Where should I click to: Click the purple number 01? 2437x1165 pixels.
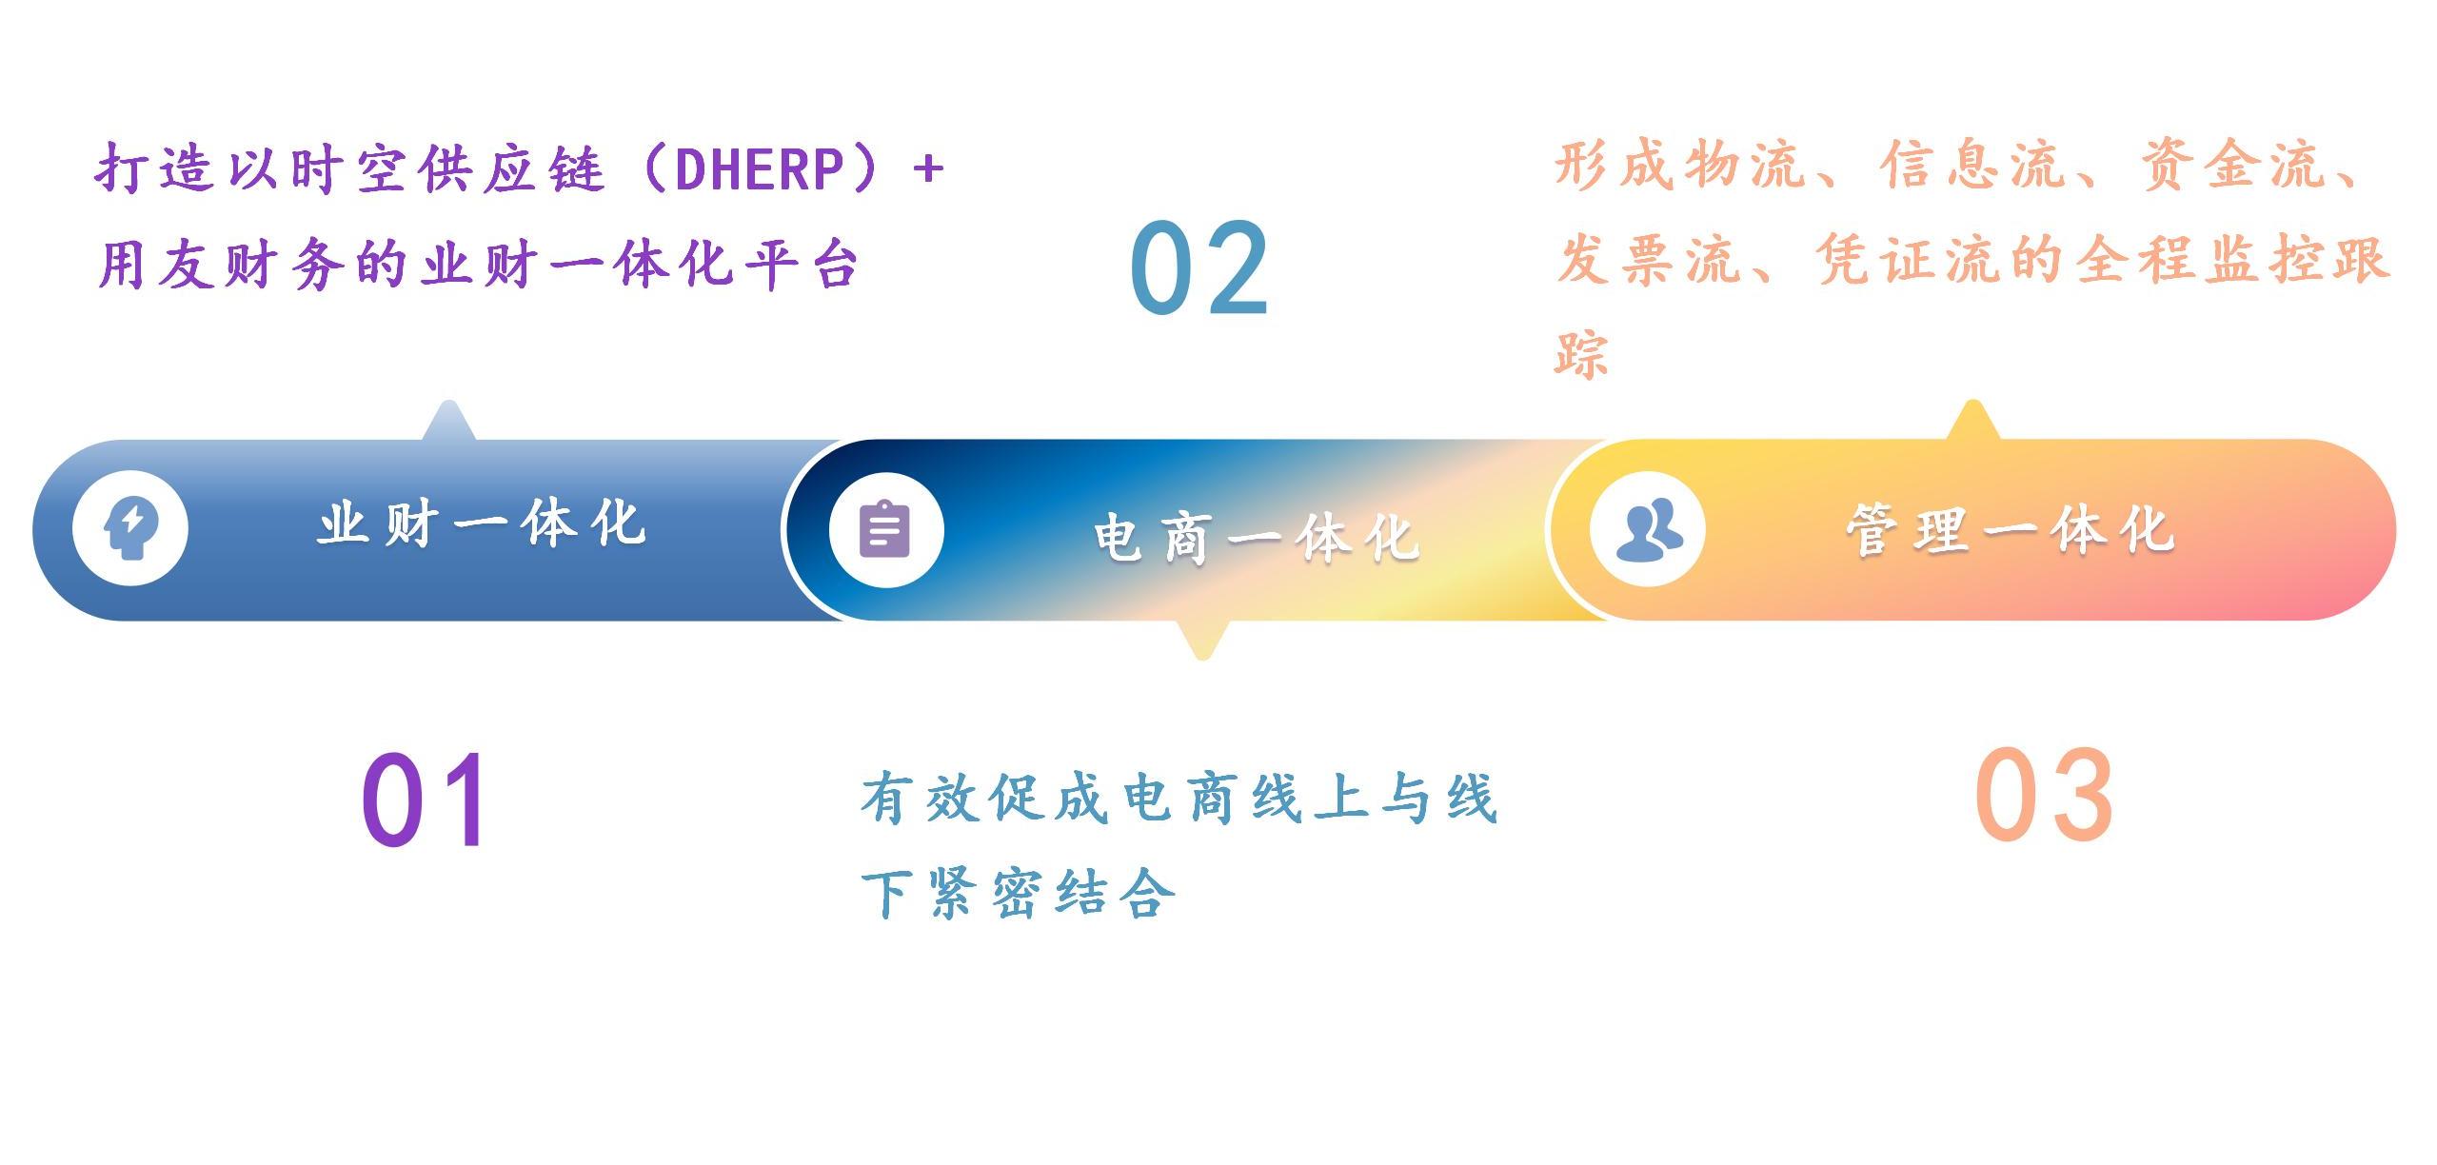[x=426, y=799]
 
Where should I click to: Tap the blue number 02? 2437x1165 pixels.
[x=1199, y=267]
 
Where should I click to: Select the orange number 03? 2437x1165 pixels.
[x=2043, y=795]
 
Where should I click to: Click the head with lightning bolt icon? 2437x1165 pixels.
[x=130, y=528]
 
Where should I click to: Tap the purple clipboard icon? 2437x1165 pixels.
[x=885, y=529]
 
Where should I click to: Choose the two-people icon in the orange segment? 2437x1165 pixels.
[x=1649, y=529]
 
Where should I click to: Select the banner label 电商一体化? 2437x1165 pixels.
[x=1257, y=537]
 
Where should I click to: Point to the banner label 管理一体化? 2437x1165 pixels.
[x=2011, y=530]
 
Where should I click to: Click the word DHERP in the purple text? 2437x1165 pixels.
[x=760, y=169]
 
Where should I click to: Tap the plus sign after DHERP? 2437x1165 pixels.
[x=927, y=169]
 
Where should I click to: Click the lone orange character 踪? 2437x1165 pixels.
[x=1581, y=354]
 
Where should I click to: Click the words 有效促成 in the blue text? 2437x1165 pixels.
[x=985, y=797]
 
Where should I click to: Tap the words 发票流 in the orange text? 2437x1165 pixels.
[x=1651, y=259]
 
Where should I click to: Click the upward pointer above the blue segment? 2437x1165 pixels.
[x=448, y=421]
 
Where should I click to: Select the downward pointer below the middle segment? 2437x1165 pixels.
[x=1202, y=640]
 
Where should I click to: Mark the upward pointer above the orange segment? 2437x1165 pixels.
[x=1973, y=420]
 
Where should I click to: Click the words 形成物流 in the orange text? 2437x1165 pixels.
[x=1681, y=165]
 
